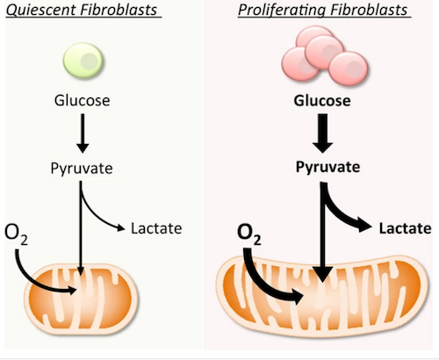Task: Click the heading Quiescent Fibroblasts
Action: coord(82,11)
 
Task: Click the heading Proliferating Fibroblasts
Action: coord(323,11)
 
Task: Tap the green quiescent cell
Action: coord(83,61)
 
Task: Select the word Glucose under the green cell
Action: coord(83,101)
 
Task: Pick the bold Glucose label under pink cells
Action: coord(322,101)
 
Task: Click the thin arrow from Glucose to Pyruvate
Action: coord(83,133)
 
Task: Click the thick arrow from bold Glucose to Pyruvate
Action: coord(322,133)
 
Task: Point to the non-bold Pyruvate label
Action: coord(82,169)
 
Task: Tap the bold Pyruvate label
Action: coord(327,168)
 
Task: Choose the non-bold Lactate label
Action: coord(156,228)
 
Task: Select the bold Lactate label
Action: coord(405,228)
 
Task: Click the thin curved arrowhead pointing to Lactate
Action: coord(121,227)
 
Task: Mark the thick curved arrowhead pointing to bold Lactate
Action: coord(365,226)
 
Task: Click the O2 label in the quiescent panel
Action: coord(16,234)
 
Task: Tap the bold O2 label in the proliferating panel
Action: coord(249,234)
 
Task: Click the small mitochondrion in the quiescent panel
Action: coord(81,299)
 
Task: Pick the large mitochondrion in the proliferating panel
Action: coord(322,296)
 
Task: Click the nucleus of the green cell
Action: coord(89,61)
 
